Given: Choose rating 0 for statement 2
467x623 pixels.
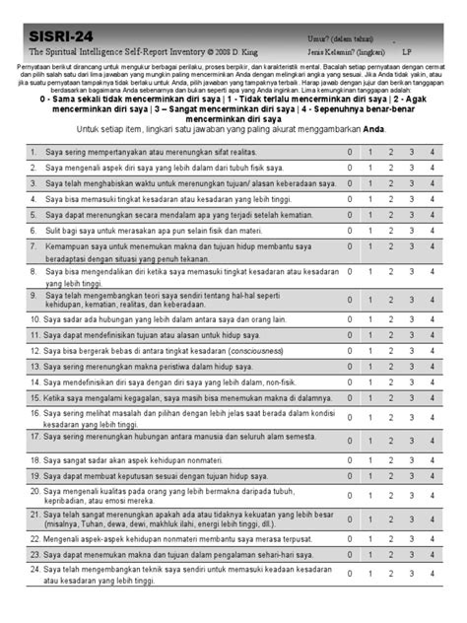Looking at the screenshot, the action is pyautogui.click(x=347, y=168).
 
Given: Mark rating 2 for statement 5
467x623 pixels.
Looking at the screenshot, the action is pyautogui.click(x=390, y=213).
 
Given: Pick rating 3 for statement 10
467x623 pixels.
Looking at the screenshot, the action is pyautogui.click(x=411, y=319).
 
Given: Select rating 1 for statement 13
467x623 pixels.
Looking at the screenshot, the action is pyautogui.click(x=368, y=365).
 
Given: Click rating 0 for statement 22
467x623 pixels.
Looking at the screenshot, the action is pyautogui.click(x=347, y=540).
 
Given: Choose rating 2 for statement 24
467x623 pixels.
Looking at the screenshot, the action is pyautogui.click(x=390, y=575).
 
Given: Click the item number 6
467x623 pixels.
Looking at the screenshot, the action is pyautogui.click(x=33, y=229).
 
